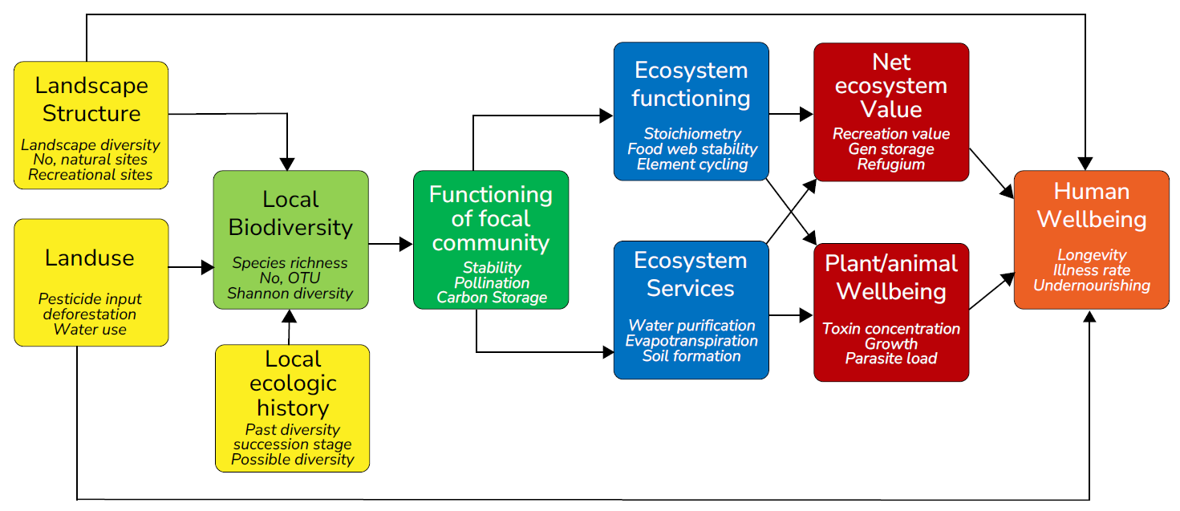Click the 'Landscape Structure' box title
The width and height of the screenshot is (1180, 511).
[91, 99]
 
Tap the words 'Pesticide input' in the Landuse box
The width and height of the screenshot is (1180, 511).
[90, 298]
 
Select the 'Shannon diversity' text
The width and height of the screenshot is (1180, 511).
[290, 293]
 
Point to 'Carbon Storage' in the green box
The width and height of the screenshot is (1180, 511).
[492, 297]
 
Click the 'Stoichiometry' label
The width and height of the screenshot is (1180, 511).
[692, 133]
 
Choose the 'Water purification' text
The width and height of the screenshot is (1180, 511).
[691, 325]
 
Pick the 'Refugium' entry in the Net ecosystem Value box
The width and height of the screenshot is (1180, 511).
[890, 164]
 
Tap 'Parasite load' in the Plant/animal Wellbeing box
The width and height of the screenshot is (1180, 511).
[890, 359]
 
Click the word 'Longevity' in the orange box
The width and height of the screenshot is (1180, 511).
[1092, 254]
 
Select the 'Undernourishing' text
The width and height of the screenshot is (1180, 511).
[1092, 285]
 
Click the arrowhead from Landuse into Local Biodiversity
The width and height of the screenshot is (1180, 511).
[208, 267]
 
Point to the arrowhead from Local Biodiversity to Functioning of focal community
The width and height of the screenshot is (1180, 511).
[406, 244]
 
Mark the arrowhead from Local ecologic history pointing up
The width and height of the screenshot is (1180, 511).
[290, 316]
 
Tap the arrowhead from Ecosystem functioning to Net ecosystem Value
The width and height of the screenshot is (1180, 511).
[806, 114]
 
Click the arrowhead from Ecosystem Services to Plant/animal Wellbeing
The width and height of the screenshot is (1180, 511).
[806, 315]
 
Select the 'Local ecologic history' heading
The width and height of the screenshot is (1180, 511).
[293, 383]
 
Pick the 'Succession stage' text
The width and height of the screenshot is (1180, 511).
[292, 444]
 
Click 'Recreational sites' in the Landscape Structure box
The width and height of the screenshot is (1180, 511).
[90, 174]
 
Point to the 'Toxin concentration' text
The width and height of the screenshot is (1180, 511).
[890, 328]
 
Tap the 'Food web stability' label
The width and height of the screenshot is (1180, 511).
[692, 148]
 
